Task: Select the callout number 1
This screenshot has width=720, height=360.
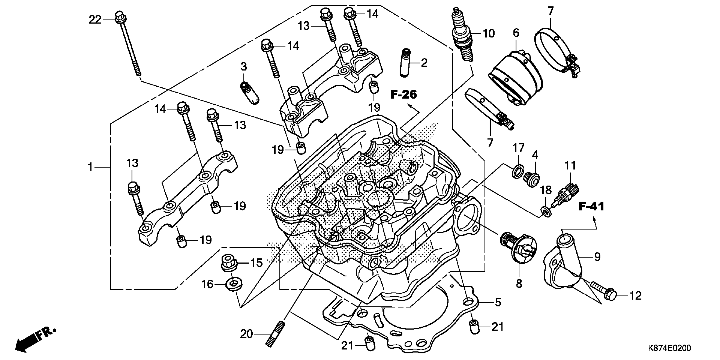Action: pos(90,167)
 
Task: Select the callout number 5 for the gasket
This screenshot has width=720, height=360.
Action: pos(498,302)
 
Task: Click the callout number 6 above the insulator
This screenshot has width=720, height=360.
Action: pos(516,33)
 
